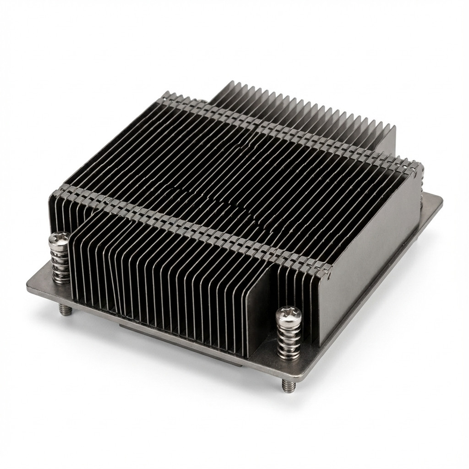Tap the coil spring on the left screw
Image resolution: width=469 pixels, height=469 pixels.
click(x=60, y=263)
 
